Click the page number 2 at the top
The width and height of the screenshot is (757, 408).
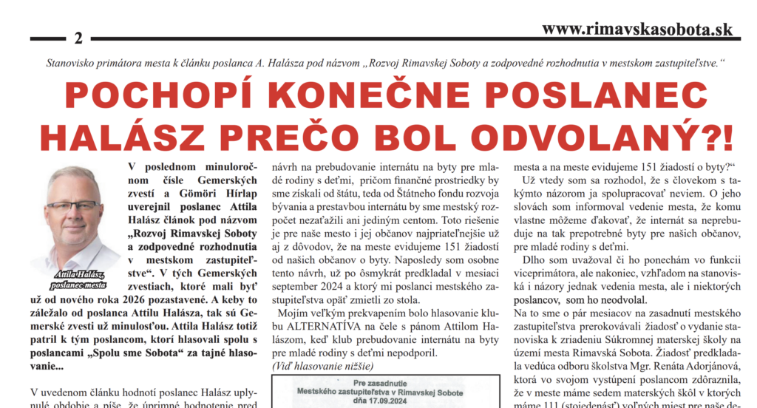[78, 38]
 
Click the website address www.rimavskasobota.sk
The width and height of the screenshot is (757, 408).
[637, 29]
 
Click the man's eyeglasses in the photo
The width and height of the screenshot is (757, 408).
[72, 205]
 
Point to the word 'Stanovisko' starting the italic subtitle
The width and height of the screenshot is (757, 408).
[72, 64]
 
